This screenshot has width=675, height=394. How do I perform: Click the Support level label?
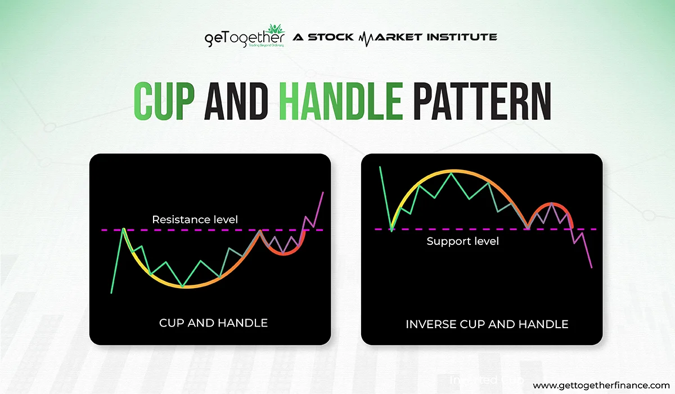point(462,241)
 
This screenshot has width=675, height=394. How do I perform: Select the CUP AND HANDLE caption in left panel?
point(213,323)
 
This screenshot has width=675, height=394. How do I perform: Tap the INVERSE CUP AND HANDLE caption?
point(487,324)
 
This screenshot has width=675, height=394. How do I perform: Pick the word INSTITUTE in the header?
point(461,37)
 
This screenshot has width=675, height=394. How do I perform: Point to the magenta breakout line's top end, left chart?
point(323,192)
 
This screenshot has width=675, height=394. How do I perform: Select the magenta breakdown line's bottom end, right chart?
point(592,267)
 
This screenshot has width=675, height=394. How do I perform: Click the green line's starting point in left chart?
point(112,293)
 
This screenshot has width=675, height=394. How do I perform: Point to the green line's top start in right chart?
point(381,167)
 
